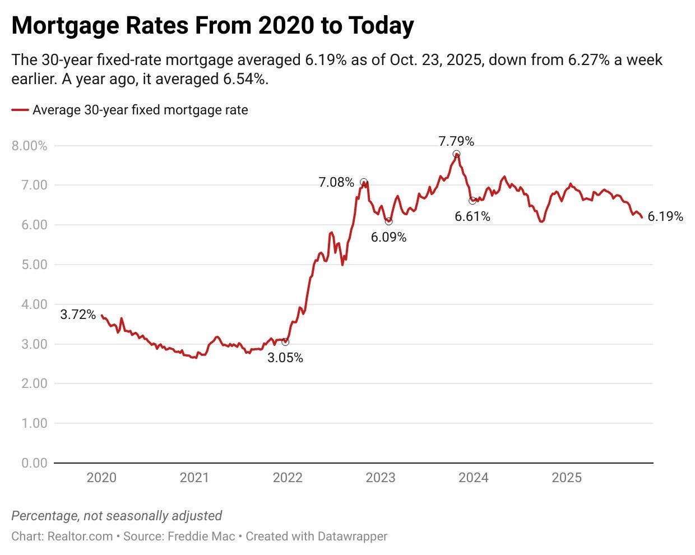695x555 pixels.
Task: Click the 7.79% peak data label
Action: coord(456,141)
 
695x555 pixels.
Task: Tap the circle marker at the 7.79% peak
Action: coord(456,154)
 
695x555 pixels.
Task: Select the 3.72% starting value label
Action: coord(78,314)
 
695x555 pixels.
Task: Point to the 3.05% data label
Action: coord(285,358)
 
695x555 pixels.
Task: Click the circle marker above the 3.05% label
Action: coord(285,342)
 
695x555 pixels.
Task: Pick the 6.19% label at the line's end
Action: coord(665,216)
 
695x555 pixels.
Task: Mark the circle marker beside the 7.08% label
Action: coord(364,182)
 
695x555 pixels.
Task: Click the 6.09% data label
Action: coord(388,237)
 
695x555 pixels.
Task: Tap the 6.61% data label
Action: coord(472,216)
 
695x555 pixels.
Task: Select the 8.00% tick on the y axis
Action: coord(29,146)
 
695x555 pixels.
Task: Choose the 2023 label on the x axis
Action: coord(380,478)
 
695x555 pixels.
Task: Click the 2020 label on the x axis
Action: coord(101,478)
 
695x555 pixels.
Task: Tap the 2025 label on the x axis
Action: coord(566,478)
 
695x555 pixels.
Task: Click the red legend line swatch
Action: coord(20,110)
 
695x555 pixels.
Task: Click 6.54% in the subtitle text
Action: coord(244,79)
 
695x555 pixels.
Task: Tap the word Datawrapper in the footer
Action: coord(352,536)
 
